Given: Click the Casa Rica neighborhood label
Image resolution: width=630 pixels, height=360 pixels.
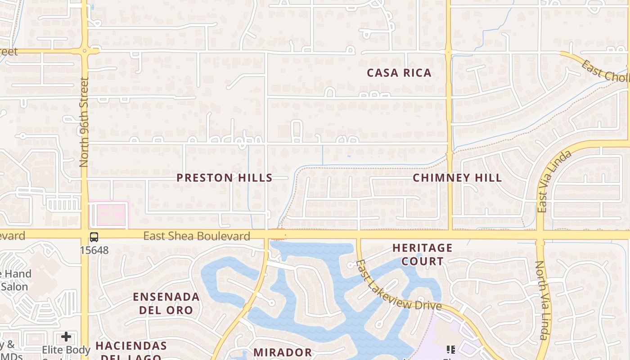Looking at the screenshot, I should [x=399, y=73].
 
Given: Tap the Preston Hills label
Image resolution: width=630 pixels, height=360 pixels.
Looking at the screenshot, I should [x=224, y=178].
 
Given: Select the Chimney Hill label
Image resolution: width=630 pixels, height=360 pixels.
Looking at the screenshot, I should [x=457, y=178].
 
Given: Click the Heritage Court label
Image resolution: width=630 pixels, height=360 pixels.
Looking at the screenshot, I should [x=422, y=254].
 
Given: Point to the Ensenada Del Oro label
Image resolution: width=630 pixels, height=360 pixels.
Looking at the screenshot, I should [x=166, y=303].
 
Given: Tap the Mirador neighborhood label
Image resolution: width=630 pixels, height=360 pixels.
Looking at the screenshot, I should [x=283, y=352].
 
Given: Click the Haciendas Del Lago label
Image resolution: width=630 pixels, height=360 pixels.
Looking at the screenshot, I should [x=131, y=351].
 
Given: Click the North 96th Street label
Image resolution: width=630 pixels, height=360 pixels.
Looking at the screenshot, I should [x=84, y=122].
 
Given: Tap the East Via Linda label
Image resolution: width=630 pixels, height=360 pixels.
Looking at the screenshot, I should [x=554, y=181].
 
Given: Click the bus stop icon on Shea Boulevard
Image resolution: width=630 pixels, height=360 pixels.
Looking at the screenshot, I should [x=94, y=237].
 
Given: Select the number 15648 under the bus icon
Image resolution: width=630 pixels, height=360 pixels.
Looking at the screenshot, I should [x=94, y=250].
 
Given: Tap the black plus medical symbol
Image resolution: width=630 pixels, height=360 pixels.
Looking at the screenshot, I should [x=66, y=337].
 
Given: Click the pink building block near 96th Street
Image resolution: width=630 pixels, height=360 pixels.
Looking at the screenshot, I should [x=109, y=215].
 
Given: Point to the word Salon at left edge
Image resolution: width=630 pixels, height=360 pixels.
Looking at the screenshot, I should [x=14, y=287].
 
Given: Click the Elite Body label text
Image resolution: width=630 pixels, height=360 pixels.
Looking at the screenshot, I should [x=66, y=350].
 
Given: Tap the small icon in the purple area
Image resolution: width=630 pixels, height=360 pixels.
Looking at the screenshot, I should [x=451, y=349].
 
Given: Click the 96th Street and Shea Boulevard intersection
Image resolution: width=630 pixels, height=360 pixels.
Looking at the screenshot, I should [x=84, y=235].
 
